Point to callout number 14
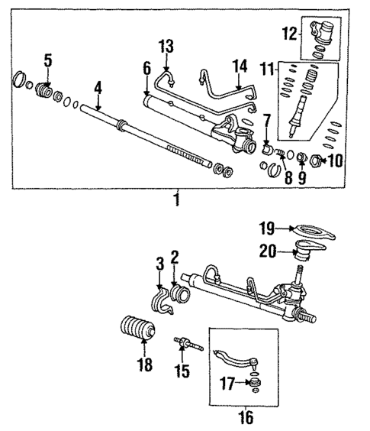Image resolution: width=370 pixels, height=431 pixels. coord(240,66)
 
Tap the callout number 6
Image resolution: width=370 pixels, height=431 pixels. coord(146,70)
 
